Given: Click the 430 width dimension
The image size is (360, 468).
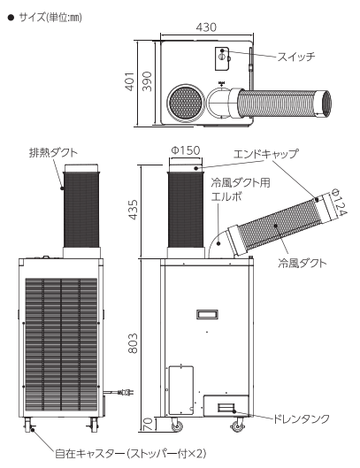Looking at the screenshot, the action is [206, 27].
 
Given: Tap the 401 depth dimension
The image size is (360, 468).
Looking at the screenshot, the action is [130, 81].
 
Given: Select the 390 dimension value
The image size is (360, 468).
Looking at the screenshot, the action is [147, 81].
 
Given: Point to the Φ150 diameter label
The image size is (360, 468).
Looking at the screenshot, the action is [186, 150].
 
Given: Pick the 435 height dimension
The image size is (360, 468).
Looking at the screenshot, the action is [134, 210].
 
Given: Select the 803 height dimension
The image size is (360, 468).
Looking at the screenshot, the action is [134, 343].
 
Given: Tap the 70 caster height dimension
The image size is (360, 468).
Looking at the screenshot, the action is [148, 424].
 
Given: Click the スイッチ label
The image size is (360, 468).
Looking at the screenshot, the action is [296, 57].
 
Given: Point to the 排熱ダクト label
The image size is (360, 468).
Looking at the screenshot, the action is [53, 152].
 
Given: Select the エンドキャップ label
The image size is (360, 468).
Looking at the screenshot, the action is [265, 154].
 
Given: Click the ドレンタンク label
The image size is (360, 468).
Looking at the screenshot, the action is [302, 418].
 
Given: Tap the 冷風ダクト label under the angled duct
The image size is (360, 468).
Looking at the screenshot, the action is [302, 263].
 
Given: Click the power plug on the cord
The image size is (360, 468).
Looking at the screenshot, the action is [126, 392].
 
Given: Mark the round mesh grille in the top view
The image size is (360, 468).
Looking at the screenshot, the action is [186, 103].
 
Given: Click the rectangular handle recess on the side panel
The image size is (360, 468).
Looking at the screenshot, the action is [207, 315].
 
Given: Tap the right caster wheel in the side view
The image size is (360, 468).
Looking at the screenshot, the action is [238, 426].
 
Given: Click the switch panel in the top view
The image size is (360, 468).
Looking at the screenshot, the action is [222, 58].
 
